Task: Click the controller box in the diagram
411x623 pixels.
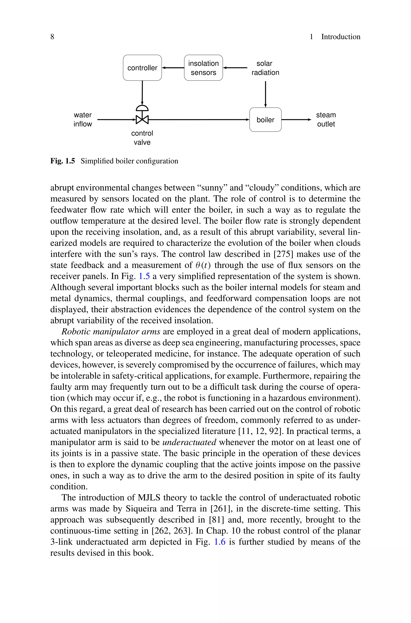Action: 142,68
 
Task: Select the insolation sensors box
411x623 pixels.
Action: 203,68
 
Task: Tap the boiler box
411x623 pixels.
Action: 265,120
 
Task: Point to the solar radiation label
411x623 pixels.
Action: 265,68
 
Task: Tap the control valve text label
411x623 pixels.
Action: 142,138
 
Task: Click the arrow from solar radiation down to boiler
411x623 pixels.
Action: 265,94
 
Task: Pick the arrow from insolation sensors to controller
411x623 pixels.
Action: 173,68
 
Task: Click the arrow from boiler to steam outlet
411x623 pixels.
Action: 296,120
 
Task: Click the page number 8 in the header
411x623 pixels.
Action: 52,37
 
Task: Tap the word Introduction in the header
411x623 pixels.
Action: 341,37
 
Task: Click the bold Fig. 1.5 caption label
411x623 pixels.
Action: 63,161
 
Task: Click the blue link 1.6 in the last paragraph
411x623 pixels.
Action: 220,542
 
